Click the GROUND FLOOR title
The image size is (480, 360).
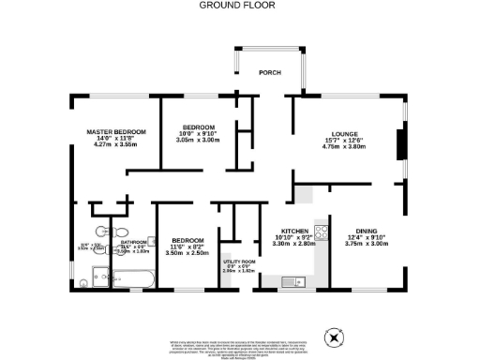(239, 5)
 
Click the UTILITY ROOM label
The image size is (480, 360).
(238, 262)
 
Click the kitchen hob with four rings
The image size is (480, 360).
(321, 232)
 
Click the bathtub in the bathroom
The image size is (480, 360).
(131, 278)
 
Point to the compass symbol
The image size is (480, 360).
(333, 336)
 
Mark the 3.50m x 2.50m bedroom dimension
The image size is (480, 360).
(187, 253)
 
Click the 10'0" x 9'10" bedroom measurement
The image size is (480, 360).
(198, 133)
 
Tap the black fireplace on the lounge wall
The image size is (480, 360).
(401, 145)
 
